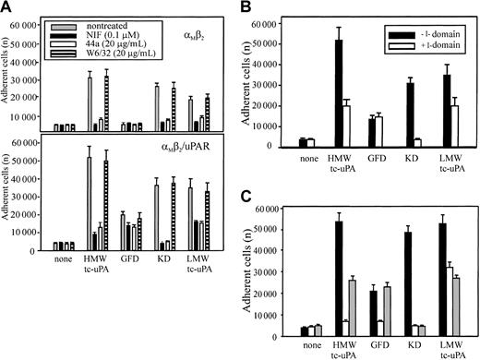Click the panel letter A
pyautogui.click(x=7, y=7)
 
